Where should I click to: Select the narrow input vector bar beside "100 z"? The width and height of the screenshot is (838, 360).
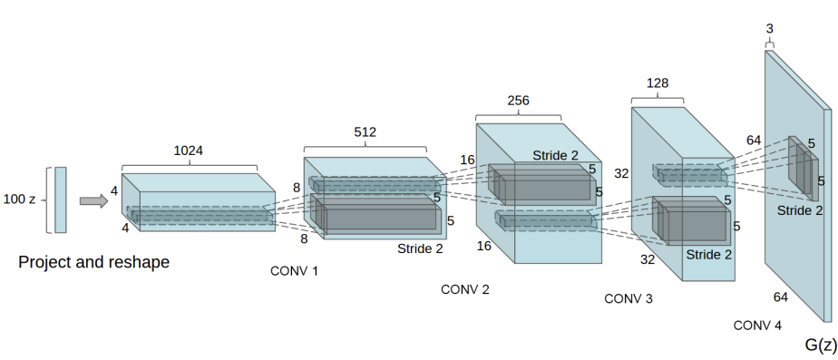point(60,199)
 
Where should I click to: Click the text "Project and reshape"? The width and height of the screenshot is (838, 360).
point(93,263)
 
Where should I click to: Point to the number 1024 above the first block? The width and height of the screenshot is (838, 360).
point(189,151)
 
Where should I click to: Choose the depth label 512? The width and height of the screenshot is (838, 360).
point(364,132)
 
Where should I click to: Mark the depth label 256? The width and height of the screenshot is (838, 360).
point(518,101)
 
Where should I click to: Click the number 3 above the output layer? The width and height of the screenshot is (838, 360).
point(770,30)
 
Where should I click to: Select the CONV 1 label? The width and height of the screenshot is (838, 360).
point(295,270)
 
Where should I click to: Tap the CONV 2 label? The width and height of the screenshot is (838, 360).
point(465,289)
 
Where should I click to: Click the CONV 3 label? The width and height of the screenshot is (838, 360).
point(628,298)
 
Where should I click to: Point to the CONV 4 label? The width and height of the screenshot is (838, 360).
point(757,325)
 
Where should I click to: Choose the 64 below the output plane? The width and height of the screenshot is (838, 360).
point(780,297)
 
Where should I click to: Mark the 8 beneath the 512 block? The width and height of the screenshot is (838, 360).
point(304,239)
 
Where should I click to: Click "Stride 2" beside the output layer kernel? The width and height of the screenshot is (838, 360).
point(800,210)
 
